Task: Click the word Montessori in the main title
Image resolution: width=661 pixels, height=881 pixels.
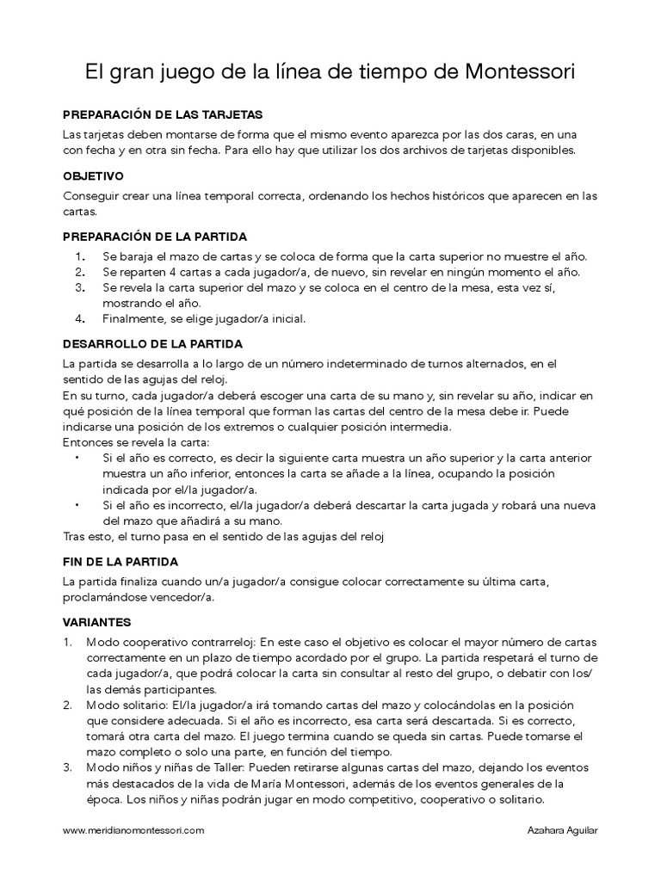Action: [x=521, y=73]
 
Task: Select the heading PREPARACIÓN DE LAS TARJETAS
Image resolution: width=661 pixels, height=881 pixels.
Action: [x=163, y=114]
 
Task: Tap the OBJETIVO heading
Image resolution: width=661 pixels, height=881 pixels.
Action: [x=94, y=175]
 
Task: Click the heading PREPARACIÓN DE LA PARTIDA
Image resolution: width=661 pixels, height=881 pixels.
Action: [x=155, y=236]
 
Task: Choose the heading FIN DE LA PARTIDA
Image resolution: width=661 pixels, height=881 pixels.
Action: [x=120, y=561]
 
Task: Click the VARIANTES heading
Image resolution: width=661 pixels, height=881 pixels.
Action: [x=96, y=621]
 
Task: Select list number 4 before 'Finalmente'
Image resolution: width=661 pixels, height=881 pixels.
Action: [x=78, y=318]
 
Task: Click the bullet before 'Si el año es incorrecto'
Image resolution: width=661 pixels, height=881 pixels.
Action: [x=78, y=506]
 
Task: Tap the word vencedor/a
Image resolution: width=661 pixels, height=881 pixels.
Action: [x=176, y=598]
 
